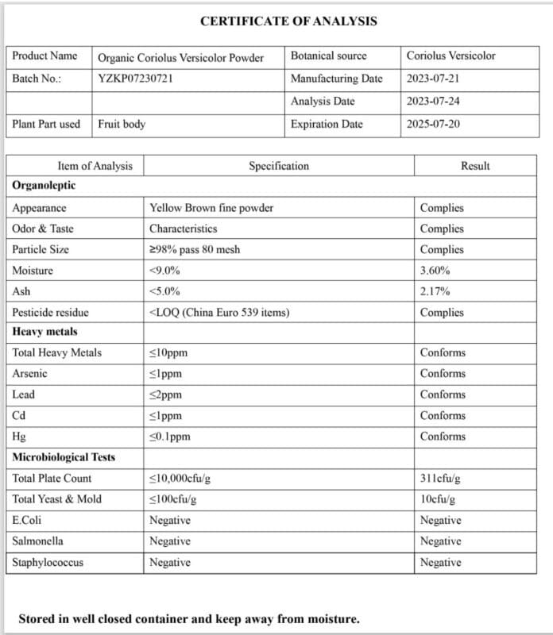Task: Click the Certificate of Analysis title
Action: tap(288, 21)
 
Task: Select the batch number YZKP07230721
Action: tap(135, 79)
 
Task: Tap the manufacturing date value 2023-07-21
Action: tap(433, 79)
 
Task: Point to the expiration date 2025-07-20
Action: tap(433, 124)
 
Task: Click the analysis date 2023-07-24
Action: tap(433, 102)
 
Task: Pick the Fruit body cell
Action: tap(122, 124)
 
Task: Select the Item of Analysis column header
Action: tap(95, 166)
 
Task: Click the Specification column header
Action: tap(279, 166)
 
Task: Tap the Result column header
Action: tap(475, 166)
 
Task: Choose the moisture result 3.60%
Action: tap(435, 271)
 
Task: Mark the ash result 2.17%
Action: tap(435, 291)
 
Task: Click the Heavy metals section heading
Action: tap(45, 332)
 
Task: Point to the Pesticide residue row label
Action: tap(51, 313)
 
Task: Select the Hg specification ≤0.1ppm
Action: tap(170, 437)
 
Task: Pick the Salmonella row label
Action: tap(38, 541)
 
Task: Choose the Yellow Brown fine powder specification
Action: tap(211, 208)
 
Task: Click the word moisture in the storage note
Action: tap(332, 618)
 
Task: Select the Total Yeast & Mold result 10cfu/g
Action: tap(438, 499)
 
